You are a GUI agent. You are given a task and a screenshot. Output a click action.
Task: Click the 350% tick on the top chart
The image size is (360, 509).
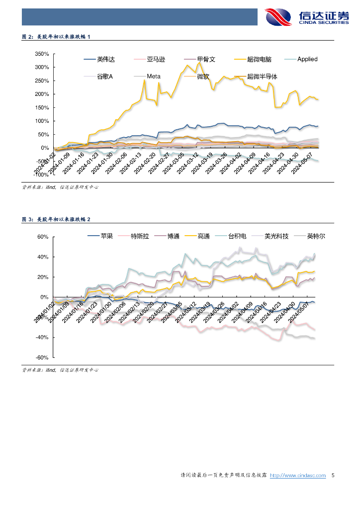point(41,54)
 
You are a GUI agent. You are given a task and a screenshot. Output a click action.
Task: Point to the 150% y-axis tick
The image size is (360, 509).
point(41,108)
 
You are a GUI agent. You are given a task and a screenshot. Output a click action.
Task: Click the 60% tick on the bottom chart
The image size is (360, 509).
point(43,237)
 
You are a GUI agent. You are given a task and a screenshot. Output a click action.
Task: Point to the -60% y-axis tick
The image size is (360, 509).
point(42,357)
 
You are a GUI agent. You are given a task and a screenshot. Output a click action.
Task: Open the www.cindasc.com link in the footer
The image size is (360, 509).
point(297,476)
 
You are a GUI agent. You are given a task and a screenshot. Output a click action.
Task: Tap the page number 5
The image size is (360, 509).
point(333,476)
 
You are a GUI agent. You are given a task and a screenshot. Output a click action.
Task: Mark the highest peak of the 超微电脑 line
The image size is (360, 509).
point(199,63)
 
